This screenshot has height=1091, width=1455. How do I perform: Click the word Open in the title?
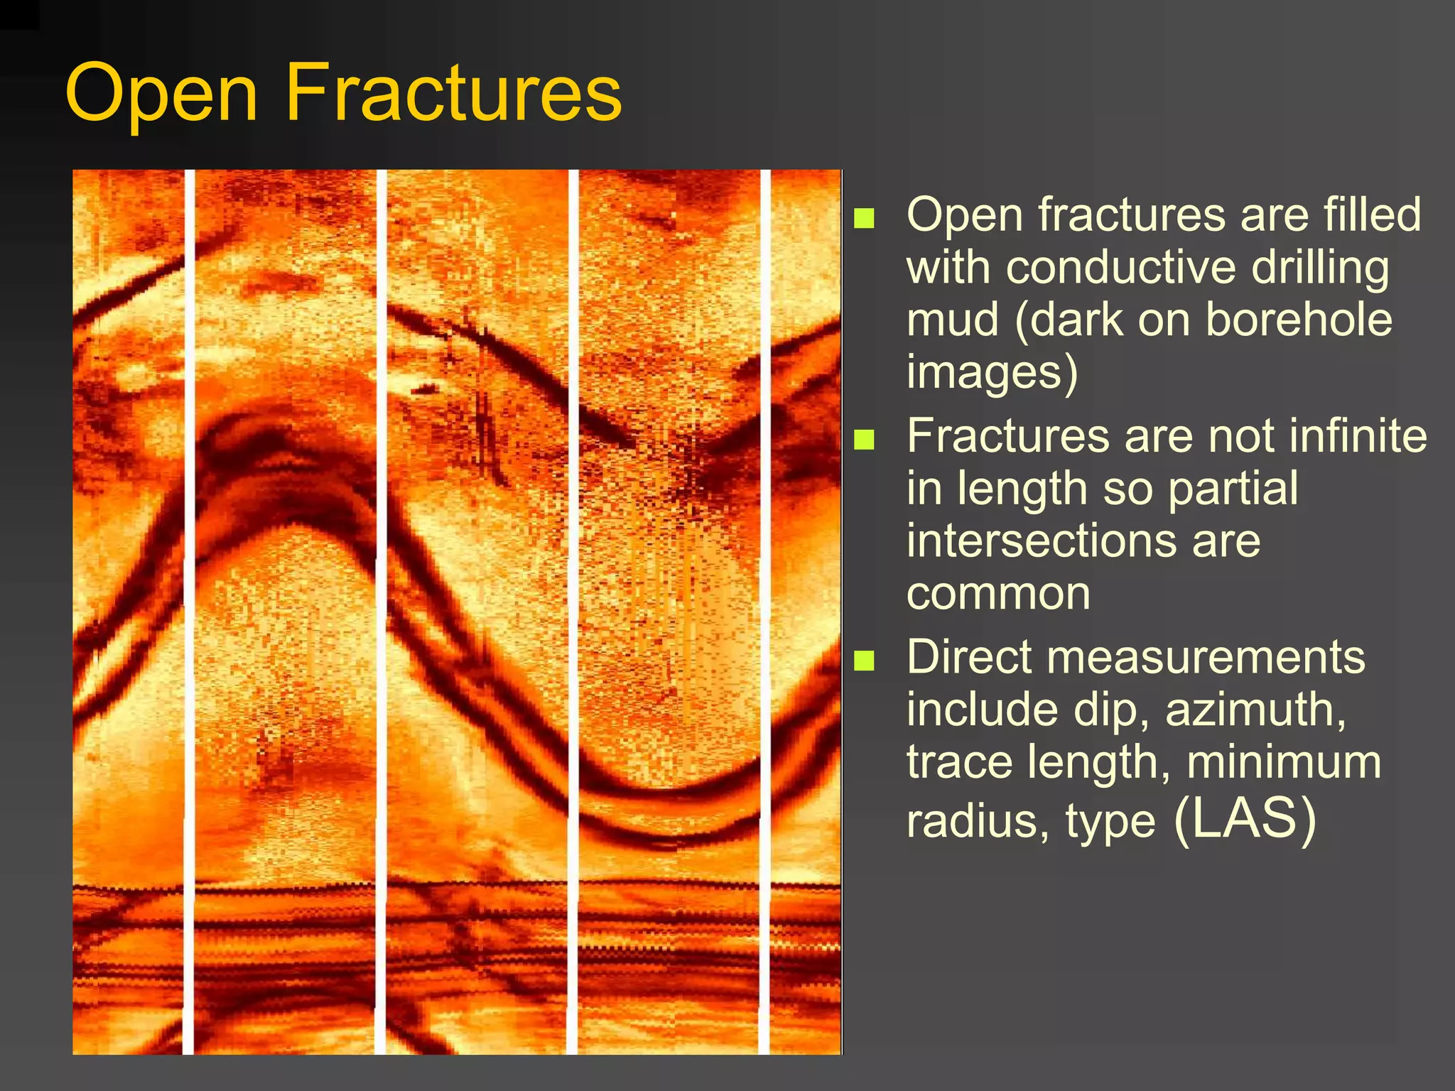[161, 94]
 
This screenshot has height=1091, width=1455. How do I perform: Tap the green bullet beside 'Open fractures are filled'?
[864, 217]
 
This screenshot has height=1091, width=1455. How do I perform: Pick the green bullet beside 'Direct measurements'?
[864, 661]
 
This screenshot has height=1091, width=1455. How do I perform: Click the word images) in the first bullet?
[992, 373]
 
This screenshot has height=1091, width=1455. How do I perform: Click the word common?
[998, 594]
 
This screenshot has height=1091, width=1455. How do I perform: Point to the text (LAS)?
[1245, 819]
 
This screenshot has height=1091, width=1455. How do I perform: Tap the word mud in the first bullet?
[953, 320]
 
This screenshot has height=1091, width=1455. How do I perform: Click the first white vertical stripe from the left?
[189, 611]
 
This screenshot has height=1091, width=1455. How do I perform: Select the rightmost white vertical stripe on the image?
[765, 611]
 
